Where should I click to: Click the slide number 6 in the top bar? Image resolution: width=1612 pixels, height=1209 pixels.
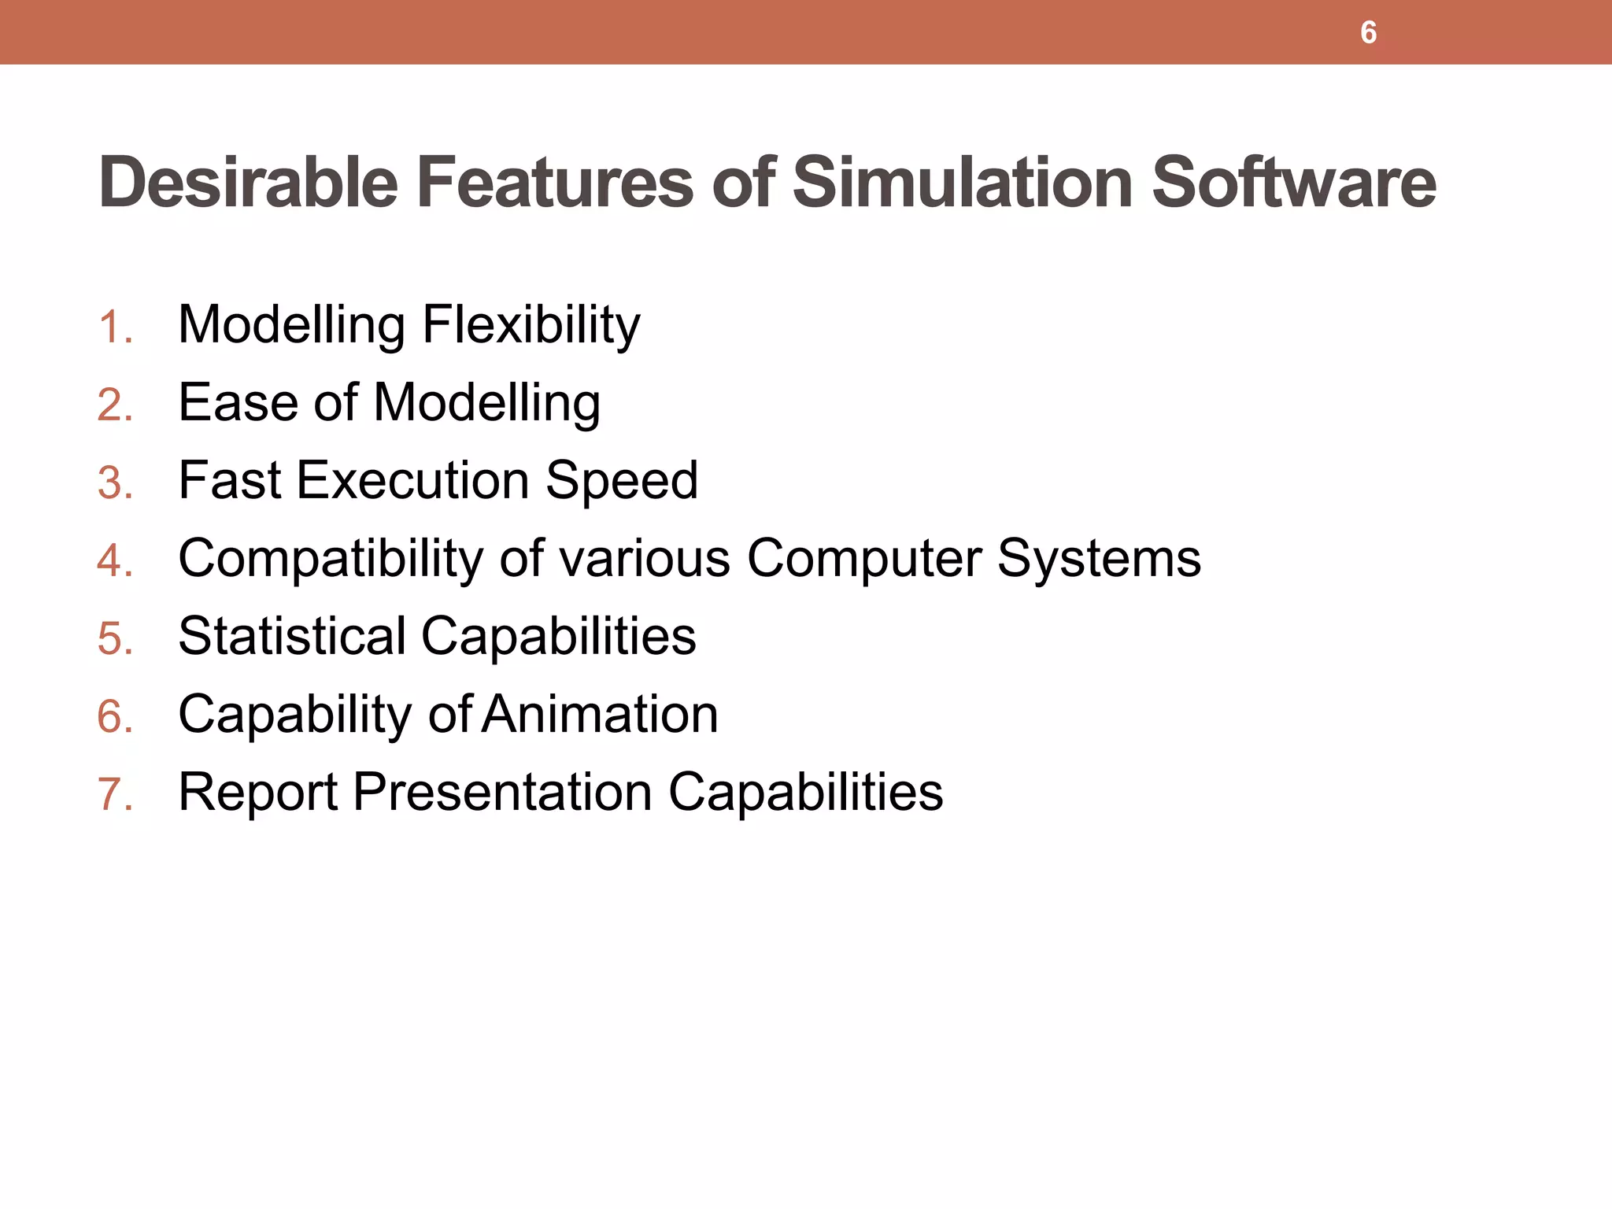coord(1368,33)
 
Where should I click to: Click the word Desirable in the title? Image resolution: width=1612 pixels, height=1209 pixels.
coord(248,183)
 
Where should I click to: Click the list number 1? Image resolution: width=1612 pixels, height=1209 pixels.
coord(113,327)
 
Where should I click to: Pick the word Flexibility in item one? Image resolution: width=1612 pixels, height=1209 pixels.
coord(531,324)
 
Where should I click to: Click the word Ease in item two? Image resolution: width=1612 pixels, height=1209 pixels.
coord(238,402)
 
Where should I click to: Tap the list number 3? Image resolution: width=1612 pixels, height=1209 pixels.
coord(115,482)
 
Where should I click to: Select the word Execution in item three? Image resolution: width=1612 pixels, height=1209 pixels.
coord(412,480)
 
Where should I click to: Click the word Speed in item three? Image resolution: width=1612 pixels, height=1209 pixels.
coord(621,480)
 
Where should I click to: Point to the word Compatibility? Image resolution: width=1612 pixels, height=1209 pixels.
coord(331,559)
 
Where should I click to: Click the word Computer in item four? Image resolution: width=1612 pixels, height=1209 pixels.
coord(864,558)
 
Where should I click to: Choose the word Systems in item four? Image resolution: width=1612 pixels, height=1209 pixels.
coord(1099,559)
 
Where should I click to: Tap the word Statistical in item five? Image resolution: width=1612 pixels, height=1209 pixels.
coord(292,636)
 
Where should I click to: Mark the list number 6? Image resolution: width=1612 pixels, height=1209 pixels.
coord(115,716)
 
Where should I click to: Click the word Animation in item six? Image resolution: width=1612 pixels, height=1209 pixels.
coord(600,714)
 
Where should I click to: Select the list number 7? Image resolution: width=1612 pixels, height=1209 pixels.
coord(115,794)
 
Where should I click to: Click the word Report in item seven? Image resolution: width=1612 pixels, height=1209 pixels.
coord(258,792)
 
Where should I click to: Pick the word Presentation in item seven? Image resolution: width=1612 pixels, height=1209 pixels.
coord(502,792)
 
